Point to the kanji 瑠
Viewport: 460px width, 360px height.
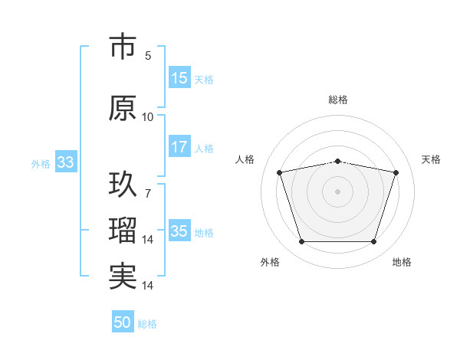coord(123,230)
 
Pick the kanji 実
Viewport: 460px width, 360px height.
coord(123,277)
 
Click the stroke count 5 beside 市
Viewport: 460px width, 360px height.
coord(148,56)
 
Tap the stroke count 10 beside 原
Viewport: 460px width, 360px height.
coord(148,117)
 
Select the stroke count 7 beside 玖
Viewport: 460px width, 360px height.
coord(148,193)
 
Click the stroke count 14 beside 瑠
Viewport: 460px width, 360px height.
coord(148,240)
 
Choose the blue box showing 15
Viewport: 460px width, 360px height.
coord(179,78)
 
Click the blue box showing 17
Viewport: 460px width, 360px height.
coord(179,148)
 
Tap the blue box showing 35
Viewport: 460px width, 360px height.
coord(179,232)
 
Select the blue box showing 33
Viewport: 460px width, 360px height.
coord(65,163)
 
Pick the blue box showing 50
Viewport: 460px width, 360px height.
coord(122,323)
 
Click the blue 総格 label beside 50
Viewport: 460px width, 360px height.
coord(147,324)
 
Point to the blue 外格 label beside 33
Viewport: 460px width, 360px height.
coord(41,164)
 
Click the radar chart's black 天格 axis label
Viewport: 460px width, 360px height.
coord(432,159)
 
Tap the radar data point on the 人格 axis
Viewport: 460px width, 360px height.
coord(280,172)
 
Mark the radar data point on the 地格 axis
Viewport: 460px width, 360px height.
coord(373,242)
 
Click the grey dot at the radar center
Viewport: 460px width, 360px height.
coord(338,191)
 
